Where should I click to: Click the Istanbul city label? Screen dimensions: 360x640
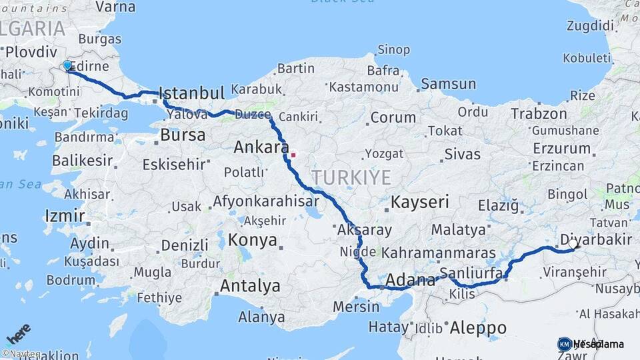tap(192, 93)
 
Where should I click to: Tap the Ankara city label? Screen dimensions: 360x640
tap(261, 147)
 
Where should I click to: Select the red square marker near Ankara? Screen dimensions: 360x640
tap(293, 155)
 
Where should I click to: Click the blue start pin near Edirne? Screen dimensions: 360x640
tap(67, 65)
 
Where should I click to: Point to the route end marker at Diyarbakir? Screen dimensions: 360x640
tap(573, 245)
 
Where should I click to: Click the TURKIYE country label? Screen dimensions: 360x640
tap(351, 177)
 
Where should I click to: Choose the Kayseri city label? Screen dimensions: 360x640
tap(420, 201)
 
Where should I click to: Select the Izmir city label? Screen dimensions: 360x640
tap(65, 215)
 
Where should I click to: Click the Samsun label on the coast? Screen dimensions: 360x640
tap(448, 84)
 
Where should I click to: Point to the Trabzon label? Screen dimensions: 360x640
tap(539, 113)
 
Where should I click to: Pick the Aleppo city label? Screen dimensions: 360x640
tap(478, 328)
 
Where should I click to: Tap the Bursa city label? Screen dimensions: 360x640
tap(183, 135)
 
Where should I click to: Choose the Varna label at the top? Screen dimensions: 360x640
tap(115, 7)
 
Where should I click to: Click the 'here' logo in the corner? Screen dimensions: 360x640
tap(18, 333)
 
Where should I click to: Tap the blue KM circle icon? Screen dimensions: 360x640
tap(564, 344)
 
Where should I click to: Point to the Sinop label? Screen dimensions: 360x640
tap(393, 50)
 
